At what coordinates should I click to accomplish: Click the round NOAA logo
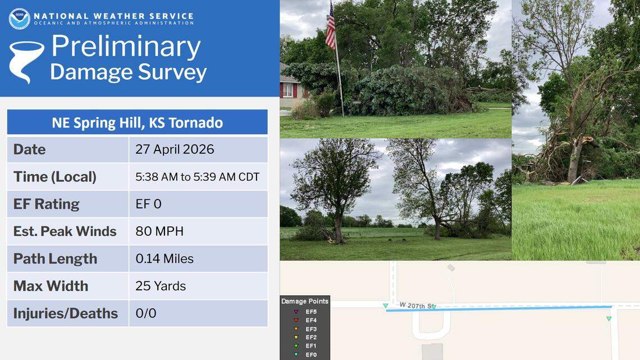click(19, 19)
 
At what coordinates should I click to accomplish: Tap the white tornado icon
click(26, 61)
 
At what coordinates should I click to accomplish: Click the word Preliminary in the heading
click(126, 47)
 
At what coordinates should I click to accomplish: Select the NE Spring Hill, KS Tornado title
click(137, 122)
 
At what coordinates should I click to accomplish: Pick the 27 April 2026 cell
click(175, 150)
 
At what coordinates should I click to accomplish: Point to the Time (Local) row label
click(55, 177)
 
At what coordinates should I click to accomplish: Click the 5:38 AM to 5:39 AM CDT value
click(197, 177)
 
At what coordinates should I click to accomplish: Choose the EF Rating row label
click(47, 204)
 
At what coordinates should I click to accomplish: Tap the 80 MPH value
click(159, 231)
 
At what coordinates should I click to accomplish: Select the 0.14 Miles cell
click(164, 259)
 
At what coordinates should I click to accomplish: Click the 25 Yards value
click(161, 286)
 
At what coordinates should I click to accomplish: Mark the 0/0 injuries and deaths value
click(146, 313)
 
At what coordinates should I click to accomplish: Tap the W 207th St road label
click(417, 305)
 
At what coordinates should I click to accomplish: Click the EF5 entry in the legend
click(311, 312)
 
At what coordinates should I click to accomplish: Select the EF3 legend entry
click(311, 329)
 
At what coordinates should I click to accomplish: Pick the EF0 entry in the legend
click(311, 355)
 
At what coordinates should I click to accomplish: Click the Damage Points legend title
click(305, 302)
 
